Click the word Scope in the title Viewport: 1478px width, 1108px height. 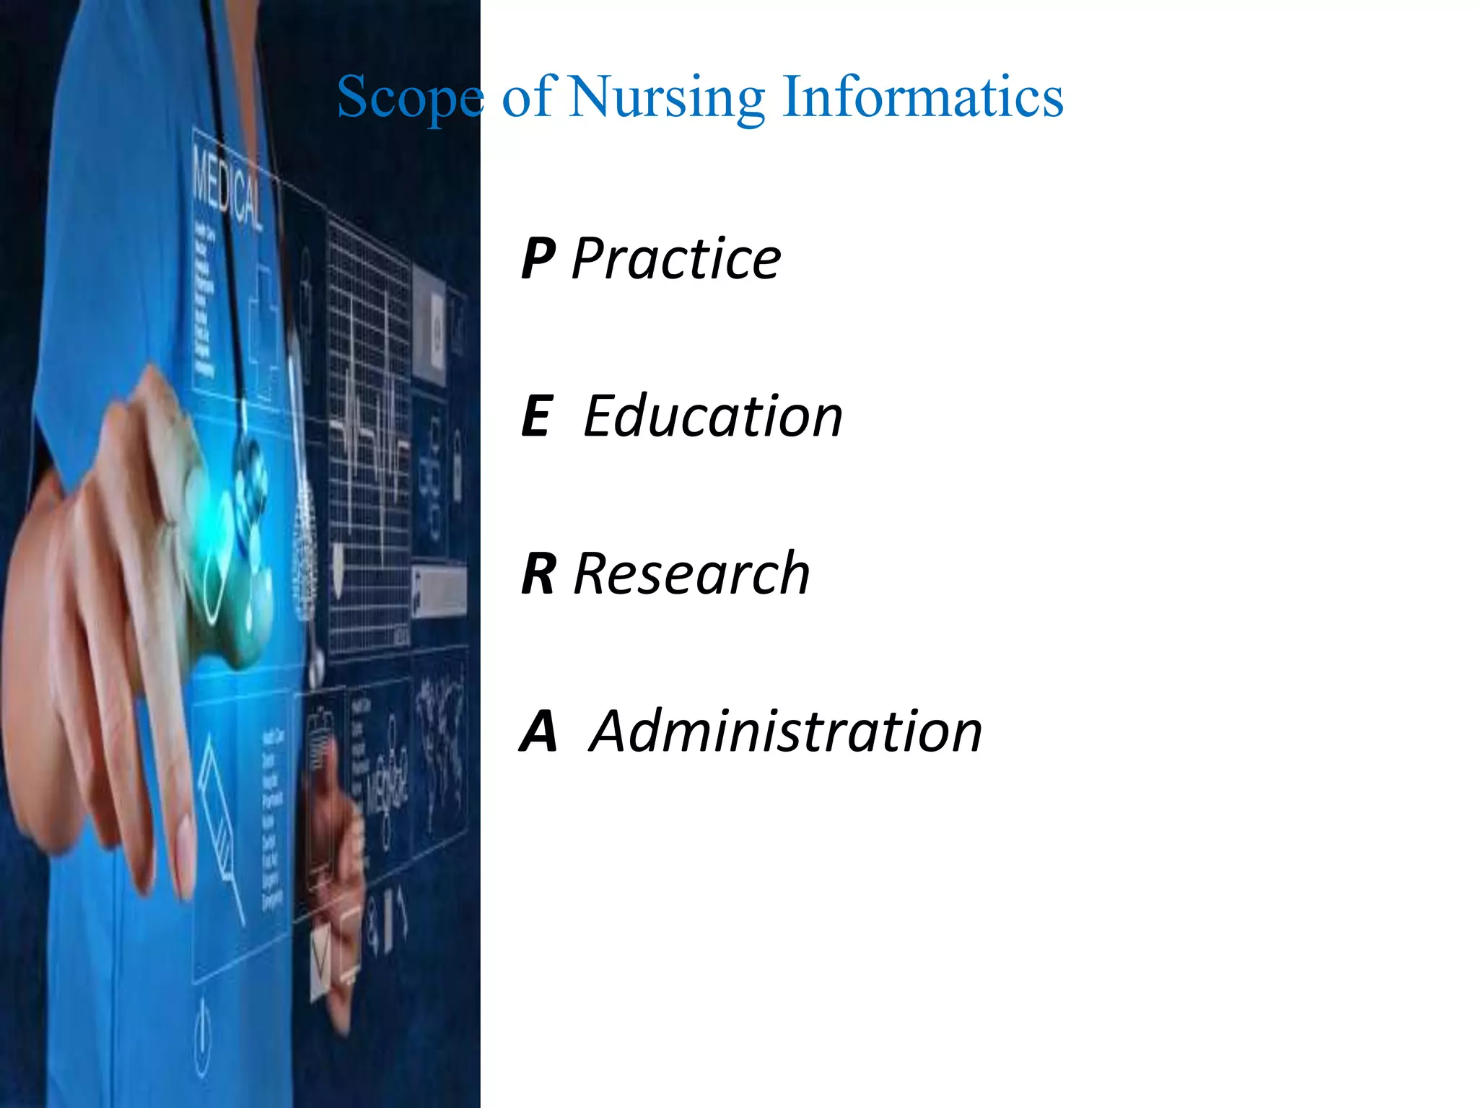pyautogui.click(x=409, y=97)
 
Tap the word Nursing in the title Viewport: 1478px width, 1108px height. pyautogui.click(x=667, y=97)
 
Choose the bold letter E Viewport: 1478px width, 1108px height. pyautogui.click(x=537, y=416)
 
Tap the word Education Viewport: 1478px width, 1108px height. pyautogui.click(x=713, y=416)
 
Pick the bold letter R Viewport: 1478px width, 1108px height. pyautogui.click(x=538, y=573)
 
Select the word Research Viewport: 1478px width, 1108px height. pyautogui.click(x=692, y=573)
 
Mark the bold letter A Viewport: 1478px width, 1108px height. pyautogui.click(x=538, y=731)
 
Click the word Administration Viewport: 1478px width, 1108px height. pyautogui.click(x=786, y=731)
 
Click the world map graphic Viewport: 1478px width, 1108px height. pyautogui.click(x=440, y=729)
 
